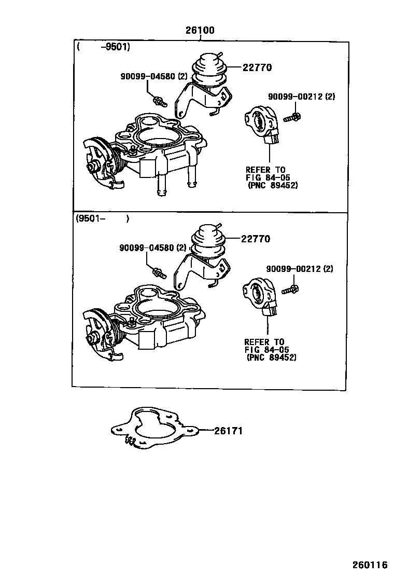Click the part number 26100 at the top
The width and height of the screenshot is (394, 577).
(x=200, y=31)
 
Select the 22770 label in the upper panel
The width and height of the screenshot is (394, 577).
(x=257, y=67)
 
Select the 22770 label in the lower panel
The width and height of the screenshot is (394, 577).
(x=256, y=239)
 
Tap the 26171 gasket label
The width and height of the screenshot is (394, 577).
(x=227, y=431)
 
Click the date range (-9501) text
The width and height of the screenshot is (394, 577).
(x=104, y=47)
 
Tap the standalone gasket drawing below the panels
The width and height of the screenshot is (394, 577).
(x=156, y=428)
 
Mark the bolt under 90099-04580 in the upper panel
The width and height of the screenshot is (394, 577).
(x=158, y=100)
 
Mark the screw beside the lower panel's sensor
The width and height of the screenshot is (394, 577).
(x=291, y=288)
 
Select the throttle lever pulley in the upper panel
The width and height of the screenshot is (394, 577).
(x=100, y=158)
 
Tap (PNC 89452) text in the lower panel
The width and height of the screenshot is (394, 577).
(x=272, y=358)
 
